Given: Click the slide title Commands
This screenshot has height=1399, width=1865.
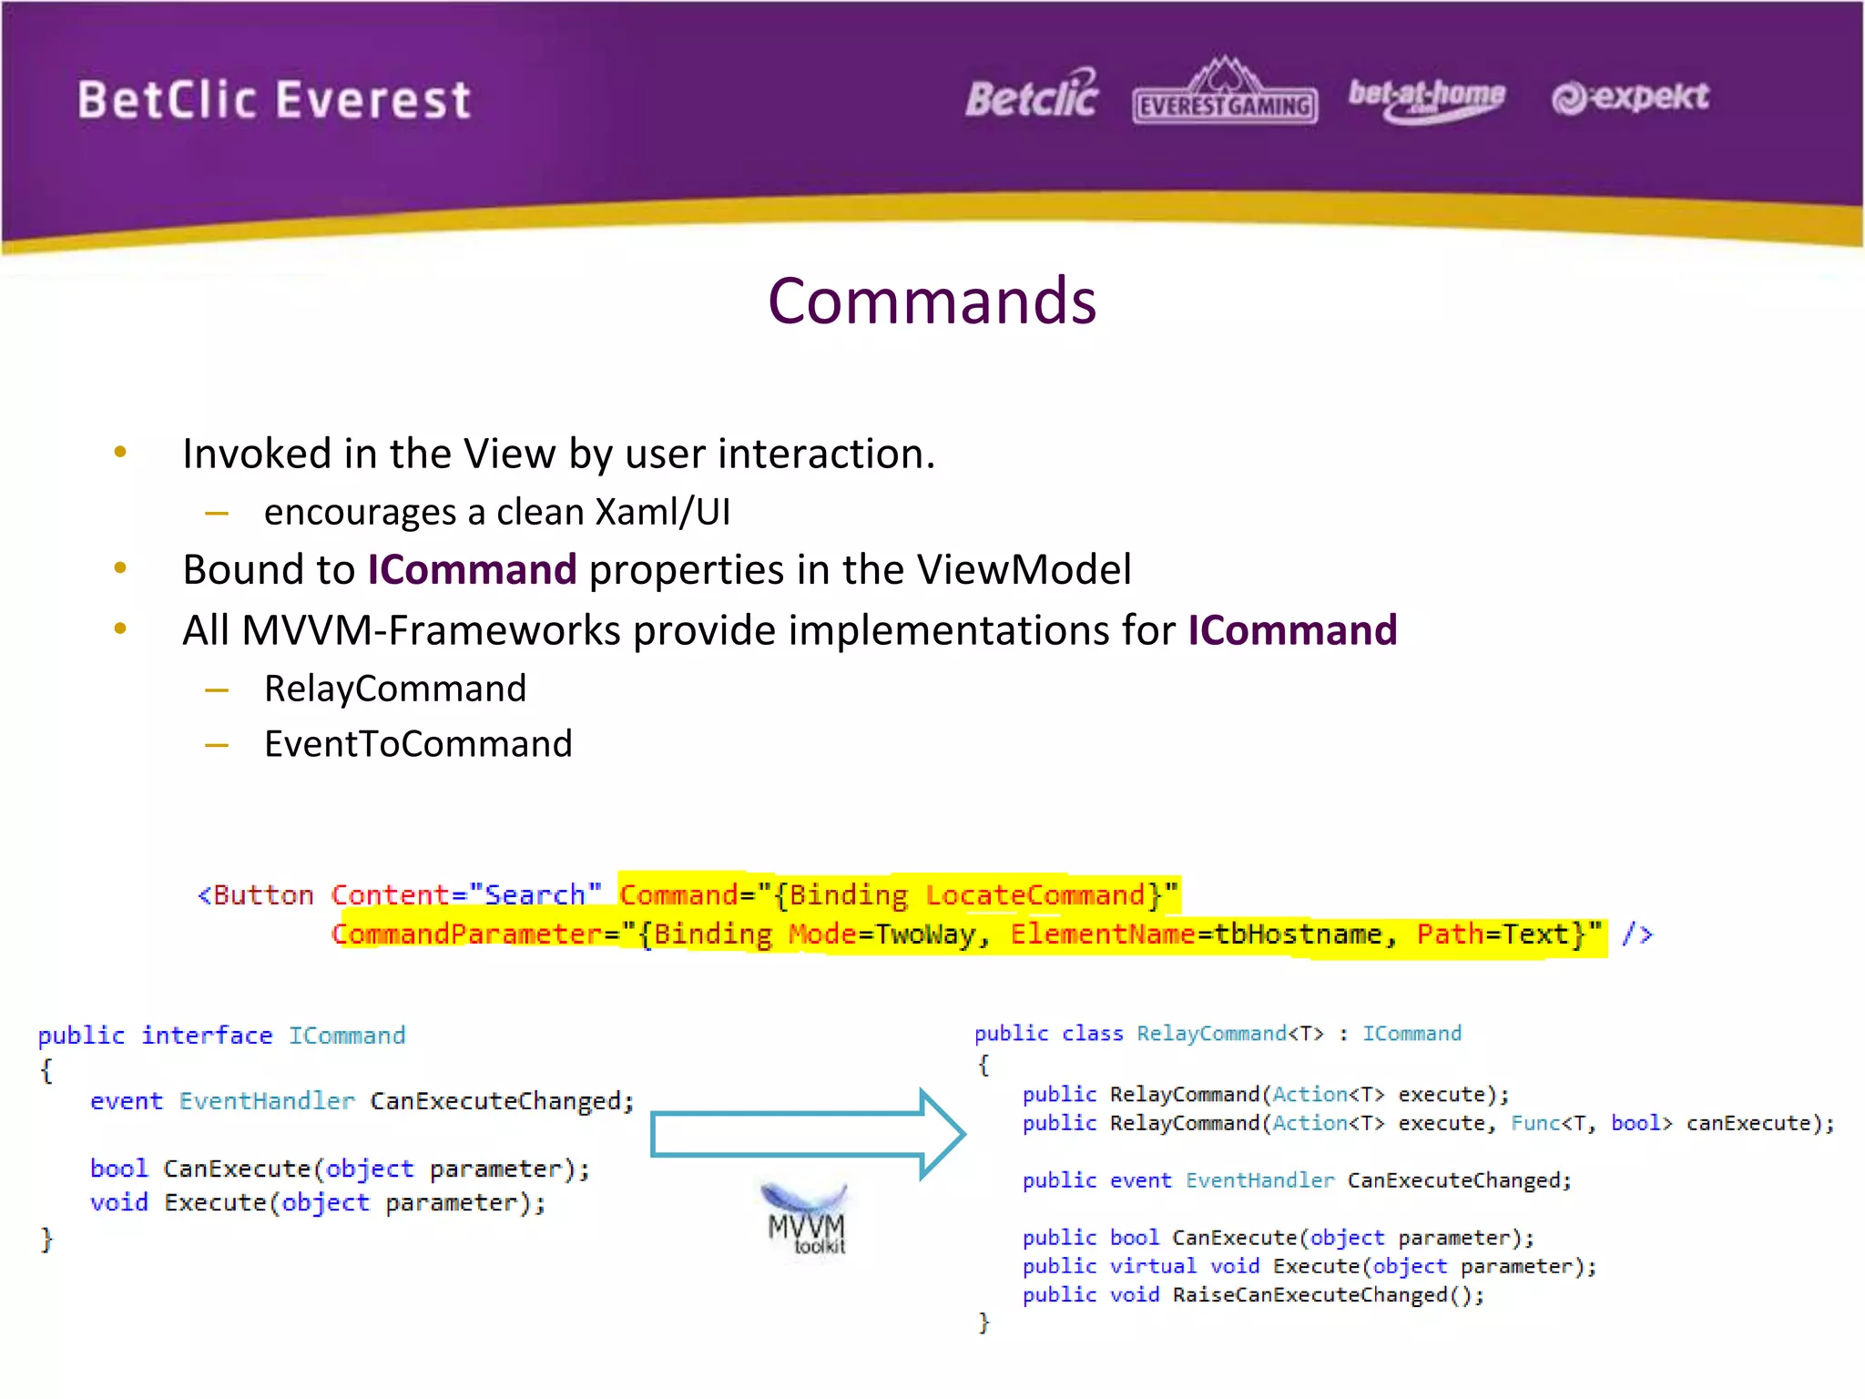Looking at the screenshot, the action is (932, 301).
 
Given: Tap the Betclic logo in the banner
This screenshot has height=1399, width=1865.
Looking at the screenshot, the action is (1032, 96).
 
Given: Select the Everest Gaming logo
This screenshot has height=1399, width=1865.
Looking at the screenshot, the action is (1225, 95).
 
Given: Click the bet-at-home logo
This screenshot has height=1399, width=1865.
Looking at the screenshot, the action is (1426, 97).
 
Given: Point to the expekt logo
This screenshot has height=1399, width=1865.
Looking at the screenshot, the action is (1630, 97).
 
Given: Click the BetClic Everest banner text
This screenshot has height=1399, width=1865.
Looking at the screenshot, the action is (274, 99).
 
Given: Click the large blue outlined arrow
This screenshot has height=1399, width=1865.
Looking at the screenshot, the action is (807, 1135).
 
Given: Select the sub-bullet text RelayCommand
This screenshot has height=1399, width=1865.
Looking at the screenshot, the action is (395, 689).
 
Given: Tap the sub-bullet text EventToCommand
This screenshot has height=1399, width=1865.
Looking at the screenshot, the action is (418, 744).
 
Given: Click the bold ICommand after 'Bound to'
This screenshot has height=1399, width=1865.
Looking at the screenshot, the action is (472, 570).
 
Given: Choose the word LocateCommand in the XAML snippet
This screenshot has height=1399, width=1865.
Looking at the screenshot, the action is (1034, 895).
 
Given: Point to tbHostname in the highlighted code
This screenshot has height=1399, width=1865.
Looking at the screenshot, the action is (1298, 934).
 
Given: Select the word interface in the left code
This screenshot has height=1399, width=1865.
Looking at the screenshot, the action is (207, 1036).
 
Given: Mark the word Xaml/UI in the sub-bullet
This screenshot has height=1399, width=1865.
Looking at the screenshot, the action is (662, 512).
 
